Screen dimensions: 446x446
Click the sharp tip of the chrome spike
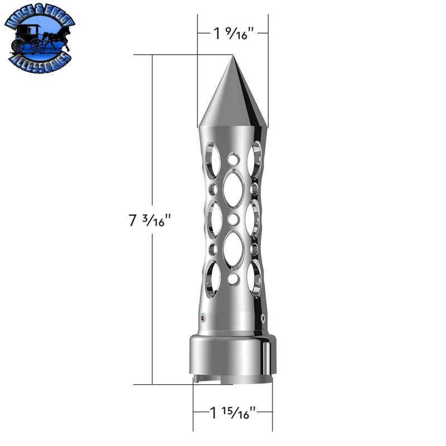pos(233,56)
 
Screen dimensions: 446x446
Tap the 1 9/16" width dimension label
pos(233,33)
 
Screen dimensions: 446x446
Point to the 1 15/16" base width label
pos(233,413)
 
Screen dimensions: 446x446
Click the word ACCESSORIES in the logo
pos(39,60)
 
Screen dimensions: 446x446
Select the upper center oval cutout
pos(233,187)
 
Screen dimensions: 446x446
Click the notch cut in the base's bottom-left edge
pos(196,381)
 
